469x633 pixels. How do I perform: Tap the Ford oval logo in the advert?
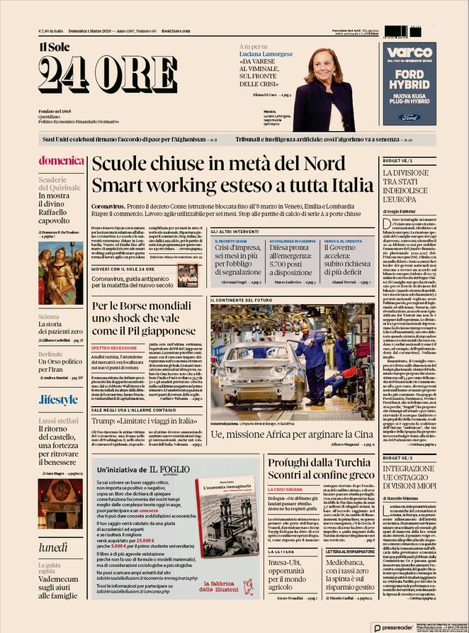coord(409,117)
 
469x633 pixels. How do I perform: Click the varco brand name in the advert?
coord(409,52)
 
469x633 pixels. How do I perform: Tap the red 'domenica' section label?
coord(62,160)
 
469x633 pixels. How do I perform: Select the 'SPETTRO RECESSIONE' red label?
coord(114,348)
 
